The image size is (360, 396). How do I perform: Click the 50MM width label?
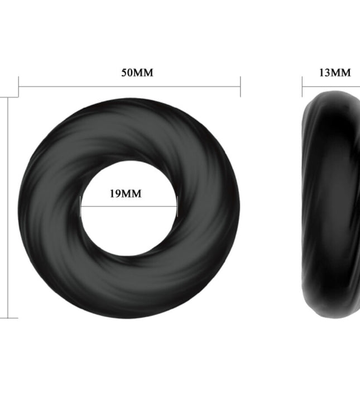[137, 73]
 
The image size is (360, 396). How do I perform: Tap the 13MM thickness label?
[334, 73]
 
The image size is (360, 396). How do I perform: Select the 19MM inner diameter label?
[126, 194]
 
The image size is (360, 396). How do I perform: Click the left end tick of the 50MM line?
[19, 87]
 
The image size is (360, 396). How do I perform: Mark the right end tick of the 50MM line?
[240, 87]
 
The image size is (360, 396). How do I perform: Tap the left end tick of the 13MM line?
[303, 87]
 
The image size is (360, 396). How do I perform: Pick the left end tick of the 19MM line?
[81, 207]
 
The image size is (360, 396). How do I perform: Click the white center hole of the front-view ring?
[129, 223]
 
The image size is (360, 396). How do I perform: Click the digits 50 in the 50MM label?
[128, 73]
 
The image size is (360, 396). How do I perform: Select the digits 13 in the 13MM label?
[325, 73]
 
